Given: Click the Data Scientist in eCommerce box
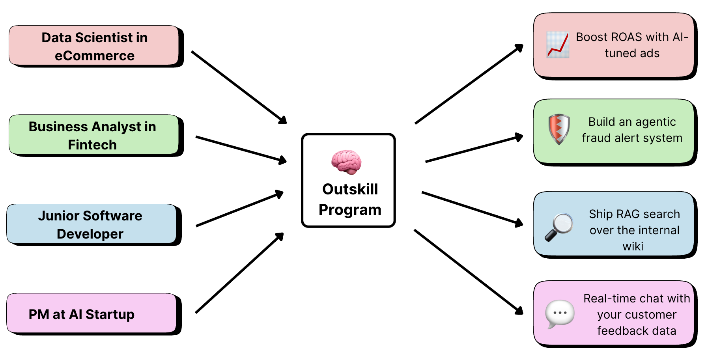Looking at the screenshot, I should coord(95,46).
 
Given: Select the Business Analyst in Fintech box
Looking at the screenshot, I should coord(93,135).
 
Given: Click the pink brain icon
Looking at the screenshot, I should coord(346,162).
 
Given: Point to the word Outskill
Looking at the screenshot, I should coord(350,189).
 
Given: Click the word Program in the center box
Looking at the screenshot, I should coord(350,210).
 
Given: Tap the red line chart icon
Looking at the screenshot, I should coord(558,45).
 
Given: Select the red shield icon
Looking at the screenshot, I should coord(559,129).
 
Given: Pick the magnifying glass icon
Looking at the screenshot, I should coord(558,227).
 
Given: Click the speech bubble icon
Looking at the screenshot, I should coord(559,314).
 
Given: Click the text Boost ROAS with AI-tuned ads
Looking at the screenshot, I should coord(632,45).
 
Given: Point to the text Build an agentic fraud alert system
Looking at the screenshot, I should coord(632,130).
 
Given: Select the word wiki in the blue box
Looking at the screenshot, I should coord(633,246).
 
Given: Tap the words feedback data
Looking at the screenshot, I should coord(637,331).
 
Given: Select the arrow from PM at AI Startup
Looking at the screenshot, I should coord(239,273).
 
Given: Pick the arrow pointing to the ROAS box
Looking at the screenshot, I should coord(469,84).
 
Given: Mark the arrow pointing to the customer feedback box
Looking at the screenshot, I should coord(468,272).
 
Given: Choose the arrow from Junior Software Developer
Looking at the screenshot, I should coord(239,209).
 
